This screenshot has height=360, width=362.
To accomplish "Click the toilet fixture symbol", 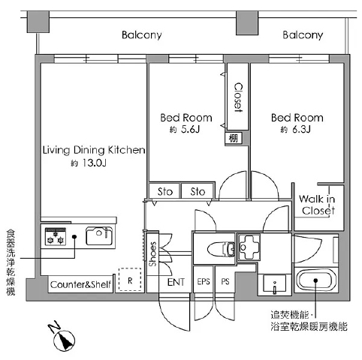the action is [222, 249].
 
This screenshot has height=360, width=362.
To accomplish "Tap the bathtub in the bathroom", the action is [316, 280].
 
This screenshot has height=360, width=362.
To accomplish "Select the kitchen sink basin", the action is [99, 235].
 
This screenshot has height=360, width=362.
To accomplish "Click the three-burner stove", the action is [56, 236].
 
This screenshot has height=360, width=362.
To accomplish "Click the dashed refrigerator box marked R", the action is [130, 279].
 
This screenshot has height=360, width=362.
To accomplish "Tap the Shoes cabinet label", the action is [152, 254].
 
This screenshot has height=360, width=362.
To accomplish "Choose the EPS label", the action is [204, 282].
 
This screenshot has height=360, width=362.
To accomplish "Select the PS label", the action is [225, 282].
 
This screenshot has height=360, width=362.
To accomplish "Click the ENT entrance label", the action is [176, 282].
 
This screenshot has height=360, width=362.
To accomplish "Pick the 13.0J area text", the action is [94, 163].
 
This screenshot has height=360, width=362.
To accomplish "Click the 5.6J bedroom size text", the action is [190, 129].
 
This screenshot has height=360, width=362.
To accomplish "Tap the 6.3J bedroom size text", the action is [301, 129].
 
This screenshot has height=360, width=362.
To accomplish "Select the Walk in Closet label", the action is [318, 205].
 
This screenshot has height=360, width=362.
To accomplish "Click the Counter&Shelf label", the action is [80, 284].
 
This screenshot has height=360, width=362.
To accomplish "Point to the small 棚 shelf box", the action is [234, 138].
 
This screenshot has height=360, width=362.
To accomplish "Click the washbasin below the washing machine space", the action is [275, 283].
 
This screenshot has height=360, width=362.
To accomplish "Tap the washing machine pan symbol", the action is [249, 247].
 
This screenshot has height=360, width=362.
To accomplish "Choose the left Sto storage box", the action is [164, 191].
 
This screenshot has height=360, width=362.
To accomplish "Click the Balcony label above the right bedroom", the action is [303, 35].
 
